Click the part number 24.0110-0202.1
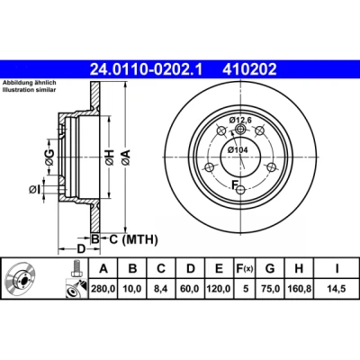[x=146, y=69]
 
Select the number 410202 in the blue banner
[x=249, y=69]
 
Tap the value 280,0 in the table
[x=103, y=289]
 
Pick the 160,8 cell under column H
[x=299, y=289]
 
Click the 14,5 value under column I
[x=337, y=289]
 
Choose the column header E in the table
[x=219, y=268]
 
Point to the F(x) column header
[x=243, y=269]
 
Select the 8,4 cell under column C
[x=161, y=289]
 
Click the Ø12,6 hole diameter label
[x=240, y=121]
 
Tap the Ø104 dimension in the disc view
[x=238, y=149]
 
